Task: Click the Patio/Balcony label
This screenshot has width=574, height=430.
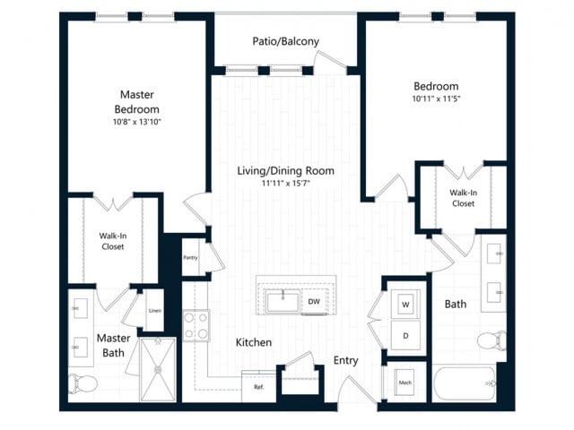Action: pos(286,41)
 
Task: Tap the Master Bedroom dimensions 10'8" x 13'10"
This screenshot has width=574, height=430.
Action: pos(138,121)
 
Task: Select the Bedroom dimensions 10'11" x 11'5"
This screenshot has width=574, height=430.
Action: pos(435,98)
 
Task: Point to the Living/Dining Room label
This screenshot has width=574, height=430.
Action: pos(285,170)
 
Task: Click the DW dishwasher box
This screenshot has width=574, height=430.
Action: pos(314,301)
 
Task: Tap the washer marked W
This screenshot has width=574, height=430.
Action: pos(405,305)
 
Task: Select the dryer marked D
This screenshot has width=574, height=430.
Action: pos(405,335)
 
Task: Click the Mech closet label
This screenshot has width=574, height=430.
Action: pos(404,383)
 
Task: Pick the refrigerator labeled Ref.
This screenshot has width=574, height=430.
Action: pos(258,387)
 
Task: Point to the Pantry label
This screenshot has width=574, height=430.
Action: pos(191,257)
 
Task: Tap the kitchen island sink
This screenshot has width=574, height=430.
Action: pos(283,300)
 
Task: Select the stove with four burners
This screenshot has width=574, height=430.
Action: pos(196,325)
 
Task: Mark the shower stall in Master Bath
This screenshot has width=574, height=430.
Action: pos(158,369)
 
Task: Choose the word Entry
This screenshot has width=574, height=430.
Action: pos(346,360)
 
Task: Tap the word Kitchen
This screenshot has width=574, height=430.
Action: pos(254,342)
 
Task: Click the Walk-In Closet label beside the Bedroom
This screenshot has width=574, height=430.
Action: pos(464,198)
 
